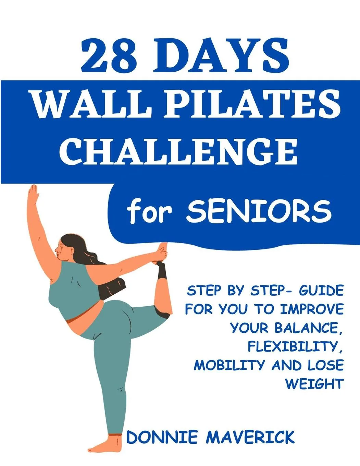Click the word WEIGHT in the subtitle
click(x=314, y=384)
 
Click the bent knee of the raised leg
click(x=164, y=310)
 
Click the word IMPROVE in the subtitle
click(x=312, y=309)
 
